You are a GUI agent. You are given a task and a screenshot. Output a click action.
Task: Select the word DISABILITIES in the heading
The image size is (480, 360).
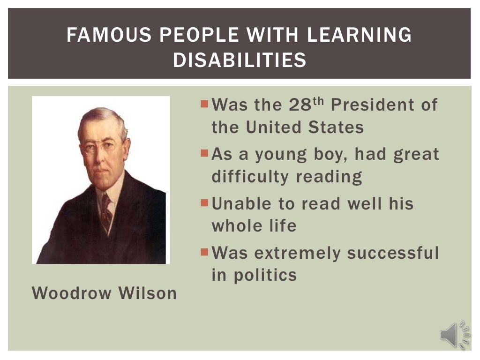[240, 60]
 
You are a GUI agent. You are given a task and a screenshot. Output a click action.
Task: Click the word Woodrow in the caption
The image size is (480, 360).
[72, 293]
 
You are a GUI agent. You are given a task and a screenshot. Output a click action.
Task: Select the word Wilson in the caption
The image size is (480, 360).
[148, 293]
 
